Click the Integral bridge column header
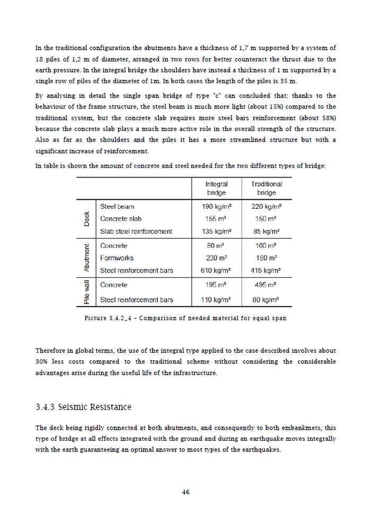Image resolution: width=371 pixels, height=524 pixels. click(216, 189)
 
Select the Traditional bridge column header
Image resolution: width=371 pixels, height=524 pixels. click(267, 189)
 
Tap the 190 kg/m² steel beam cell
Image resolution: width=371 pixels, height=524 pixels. click(216, 206)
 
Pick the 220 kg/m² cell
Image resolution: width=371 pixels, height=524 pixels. click(267, 206)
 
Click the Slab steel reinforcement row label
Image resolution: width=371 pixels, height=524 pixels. click(136, 231)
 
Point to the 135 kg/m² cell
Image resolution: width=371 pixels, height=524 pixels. click(216, 231)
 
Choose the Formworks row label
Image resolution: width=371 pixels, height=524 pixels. click(117, 258)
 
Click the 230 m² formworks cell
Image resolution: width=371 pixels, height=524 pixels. click(216, 258)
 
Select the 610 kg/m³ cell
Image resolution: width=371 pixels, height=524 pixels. click(216, 271)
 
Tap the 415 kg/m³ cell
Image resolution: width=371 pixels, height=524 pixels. click(267, 271)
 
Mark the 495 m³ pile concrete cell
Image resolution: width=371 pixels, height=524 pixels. click(267, 285)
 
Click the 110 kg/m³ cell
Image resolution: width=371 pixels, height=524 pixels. click(216, 300)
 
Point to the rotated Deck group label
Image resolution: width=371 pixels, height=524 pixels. click(86, 219)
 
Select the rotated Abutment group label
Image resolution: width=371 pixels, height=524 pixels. click(86, 258)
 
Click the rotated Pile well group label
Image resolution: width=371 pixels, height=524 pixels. click(86, 292)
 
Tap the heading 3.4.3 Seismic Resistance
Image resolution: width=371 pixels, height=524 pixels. click(83, 407)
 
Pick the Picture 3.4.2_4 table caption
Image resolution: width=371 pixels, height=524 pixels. click(185, 318)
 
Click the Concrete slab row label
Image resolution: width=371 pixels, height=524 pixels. click(121, 218)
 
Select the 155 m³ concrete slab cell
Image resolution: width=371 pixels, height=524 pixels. click(216, 218)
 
